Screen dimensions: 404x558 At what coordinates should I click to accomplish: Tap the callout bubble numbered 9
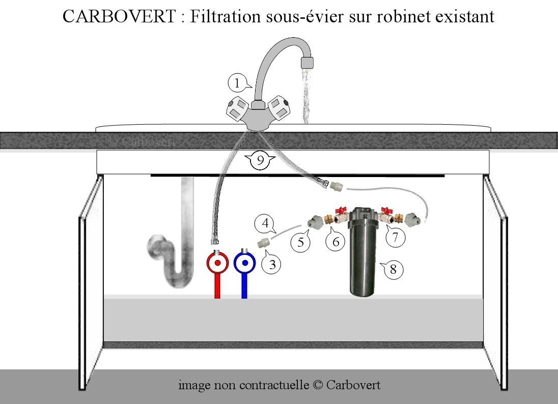(x=260, y=161)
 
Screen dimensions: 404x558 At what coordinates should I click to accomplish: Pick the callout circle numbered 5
(x=300, y=242)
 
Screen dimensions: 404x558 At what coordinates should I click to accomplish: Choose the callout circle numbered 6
(x=336, y=242)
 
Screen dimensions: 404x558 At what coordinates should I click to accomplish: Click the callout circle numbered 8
(x=393, y=269)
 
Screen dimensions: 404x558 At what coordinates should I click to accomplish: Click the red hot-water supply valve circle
(x=217, y=264)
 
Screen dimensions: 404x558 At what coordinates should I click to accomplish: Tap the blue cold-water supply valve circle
(x=244, y=264)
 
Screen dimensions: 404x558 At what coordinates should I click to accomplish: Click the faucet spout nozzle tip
(x=307, y=63)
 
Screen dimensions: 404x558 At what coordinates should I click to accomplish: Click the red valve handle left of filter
(x=341, y=210)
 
